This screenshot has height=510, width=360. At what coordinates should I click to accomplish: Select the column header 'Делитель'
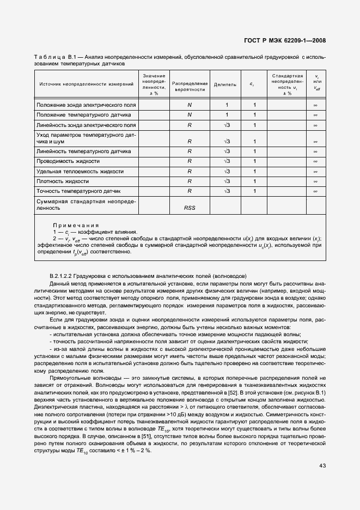(x=225, y=85)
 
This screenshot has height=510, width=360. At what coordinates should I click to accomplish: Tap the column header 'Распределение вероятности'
(x=190, y=85)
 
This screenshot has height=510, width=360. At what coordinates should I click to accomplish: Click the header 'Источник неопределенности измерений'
(x=86, y=84)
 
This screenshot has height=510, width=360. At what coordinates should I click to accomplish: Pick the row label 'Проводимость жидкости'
(x=68, y=161)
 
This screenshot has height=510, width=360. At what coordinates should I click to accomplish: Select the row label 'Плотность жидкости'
(x=62, y=181)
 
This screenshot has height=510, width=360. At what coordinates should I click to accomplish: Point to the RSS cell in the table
(x=190, y=208)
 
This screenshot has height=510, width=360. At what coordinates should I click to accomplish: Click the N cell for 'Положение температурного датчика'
(x=190, y=115)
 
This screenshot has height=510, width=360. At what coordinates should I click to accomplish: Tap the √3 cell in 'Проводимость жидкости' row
(x=227, y=161)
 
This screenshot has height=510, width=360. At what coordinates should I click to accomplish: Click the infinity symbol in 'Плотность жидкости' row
(x=315, y=181)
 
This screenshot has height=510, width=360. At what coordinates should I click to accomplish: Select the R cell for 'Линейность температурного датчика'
(x=190, y=151)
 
